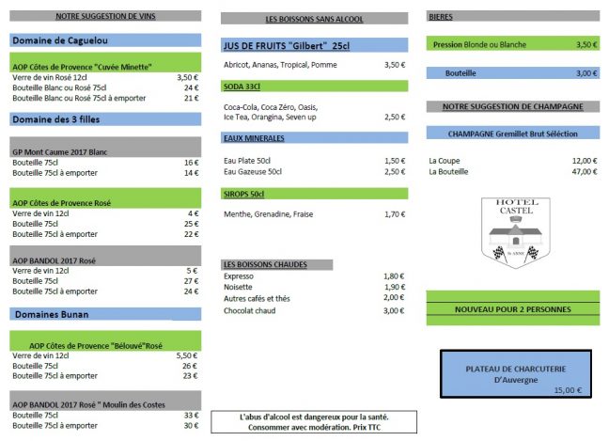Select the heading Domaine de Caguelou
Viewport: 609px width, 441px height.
tap(59, 40)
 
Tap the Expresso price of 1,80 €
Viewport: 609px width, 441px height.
tap(394, 276)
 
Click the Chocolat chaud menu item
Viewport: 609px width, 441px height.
tap(249, 310)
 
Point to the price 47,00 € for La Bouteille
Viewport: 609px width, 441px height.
tap(584, 172)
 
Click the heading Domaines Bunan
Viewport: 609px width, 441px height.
tap(50, 313)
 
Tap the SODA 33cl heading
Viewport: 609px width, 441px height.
tap(242, 86)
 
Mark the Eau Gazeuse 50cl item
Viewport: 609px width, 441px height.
tap(253, 172)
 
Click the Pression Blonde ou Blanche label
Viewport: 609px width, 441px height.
tap(479, 44)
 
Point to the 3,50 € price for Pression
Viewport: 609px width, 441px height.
tap(586, 44)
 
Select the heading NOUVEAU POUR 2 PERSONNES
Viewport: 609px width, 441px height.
tap(512, 309)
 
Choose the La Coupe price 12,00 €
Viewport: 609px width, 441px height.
tap(584, 160)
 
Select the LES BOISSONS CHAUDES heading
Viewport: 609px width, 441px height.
tap(265, 264)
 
